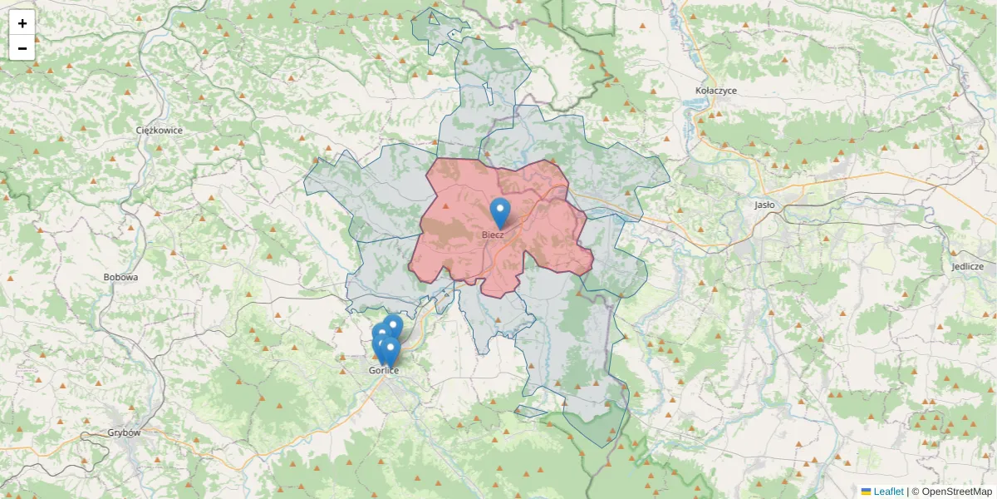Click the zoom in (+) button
point(22,23)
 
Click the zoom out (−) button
point(22,48)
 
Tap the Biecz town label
point(493,235)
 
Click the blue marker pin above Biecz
point(499,211)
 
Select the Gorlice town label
point(384,370)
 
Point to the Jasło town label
point(764,204)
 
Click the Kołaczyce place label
point(716,91)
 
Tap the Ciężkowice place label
point(159,131)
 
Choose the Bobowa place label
point(120,277)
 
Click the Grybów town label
point(125,432)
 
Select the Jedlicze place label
point(968,266)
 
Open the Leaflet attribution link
point(888,492)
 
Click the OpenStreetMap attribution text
point(951,492)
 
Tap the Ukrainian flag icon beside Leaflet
point(866,492)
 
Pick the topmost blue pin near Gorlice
point(393,325)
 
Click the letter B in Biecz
point(484,235)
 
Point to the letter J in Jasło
point(756,204)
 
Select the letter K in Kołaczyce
point(699,91)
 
